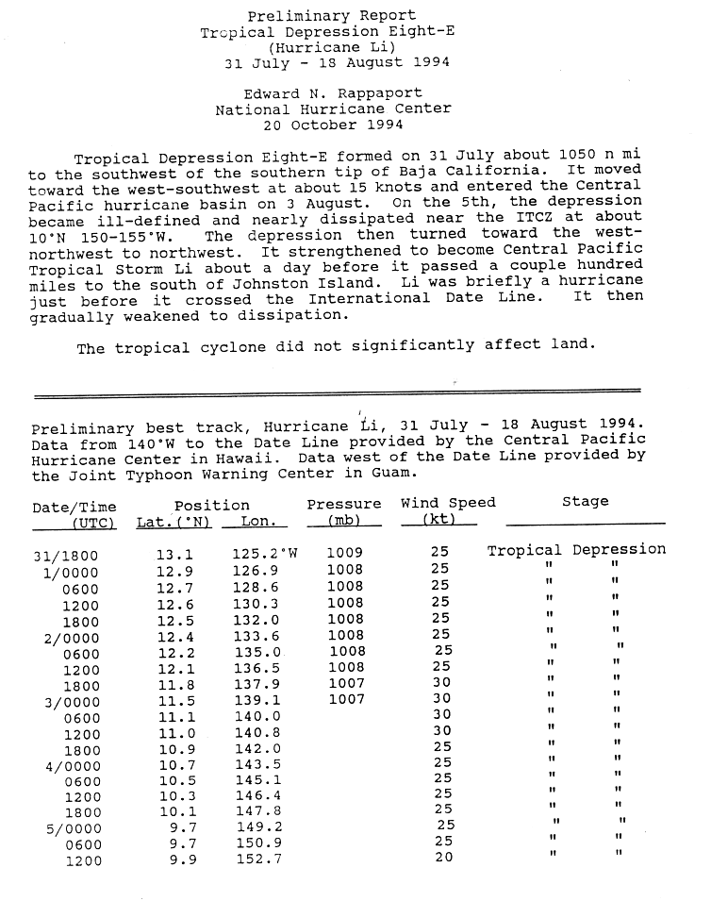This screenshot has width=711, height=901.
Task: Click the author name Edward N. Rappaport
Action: (333, 94)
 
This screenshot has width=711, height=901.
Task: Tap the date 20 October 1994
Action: (333, 125)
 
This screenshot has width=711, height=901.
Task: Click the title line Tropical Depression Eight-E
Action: (332, 32)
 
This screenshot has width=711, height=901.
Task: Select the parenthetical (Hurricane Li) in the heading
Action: (333, 47)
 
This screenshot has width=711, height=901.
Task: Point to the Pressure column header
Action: (344, 505)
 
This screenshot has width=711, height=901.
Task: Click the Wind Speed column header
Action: (448, 503)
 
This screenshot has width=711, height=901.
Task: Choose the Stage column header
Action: (586, 502)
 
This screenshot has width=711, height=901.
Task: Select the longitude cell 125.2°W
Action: (265, 555)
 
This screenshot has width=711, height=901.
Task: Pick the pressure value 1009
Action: (344, 553)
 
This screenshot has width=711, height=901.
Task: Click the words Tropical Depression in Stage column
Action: (576, 550)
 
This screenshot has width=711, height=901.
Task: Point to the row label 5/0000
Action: (69, 828)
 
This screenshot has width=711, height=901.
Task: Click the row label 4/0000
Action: (69, 764)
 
